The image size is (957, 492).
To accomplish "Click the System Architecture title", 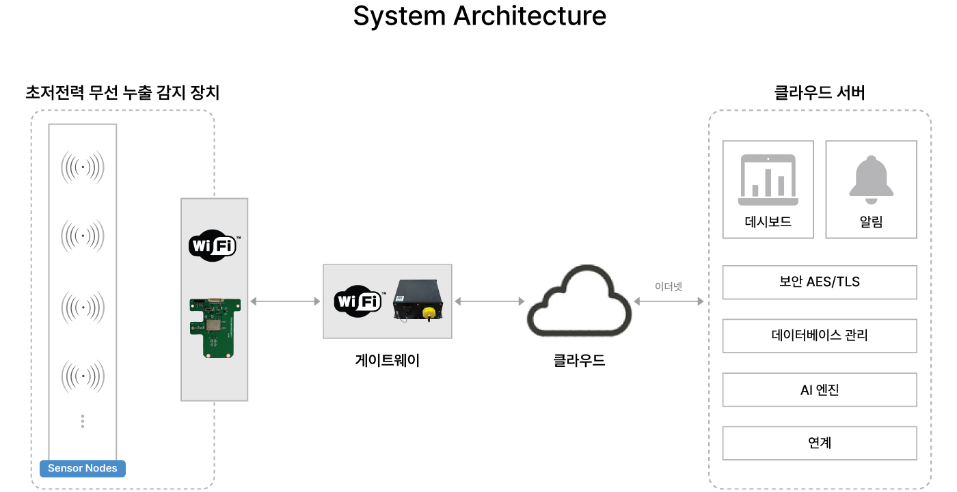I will tap(479, 16).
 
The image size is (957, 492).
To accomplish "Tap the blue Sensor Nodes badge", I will tap(83, 468).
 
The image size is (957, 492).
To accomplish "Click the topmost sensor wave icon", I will tap(83, 166).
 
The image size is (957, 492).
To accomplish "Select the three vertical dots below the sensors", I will tap(83, 421).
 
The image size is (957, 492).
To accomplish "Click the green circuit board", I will tap(213, 327).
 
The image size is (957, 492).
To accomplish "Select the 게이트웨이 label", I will tap(387, 360).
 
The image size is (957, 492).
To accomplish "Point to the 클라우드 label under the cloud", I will tap(579, 360).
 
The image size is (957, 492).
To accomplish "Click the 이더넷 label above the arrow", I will tap(669, 286).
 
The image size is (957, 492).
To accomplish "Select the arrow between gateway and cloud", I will tap(489, 301).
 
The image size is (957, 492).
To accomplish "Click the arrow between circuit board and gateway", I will tap(285, 301).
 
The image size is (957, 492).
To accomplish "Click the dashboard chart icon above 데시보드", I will tap(768, 180).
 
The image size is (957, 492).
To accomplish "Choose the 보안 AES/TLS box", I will tap(819, 282).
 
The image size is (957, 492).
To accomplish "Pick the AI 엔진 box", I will tap(819, 389).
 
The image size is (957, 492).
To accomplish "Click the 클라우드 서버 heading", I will tap(819, 92).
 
